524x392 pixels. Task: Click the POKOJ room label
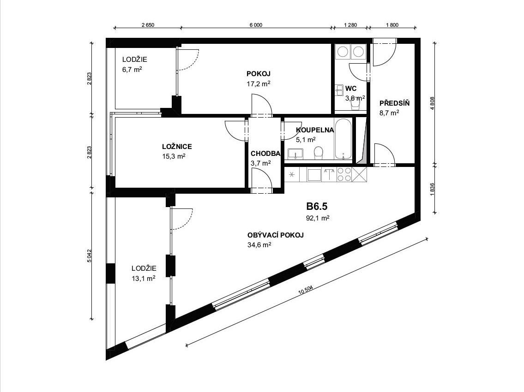[259, 74]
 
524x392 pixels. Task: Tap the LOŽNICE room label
[177, 147]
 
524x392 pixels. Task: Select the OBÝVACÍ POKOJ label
[275, 235]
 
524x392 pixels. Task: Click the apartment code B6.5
[317, 207]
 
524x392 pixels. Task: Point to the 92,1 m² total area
[318, 218]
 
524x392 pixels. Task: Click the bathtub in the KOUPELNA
[343, 139]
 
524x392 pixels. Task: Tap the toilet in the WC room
[355, 105]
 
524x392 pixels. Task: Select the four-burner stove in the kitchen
[344, 174]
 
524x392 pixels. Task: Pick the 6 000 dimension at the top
[256, 25]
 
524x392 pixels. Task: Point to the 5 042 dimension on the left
[89, 256]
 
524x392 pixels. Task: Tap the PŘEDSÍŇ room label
[394, 103]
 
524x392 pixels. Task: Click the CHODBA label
[265, 154]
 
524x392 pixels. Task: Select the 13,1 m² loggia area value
[144, 278]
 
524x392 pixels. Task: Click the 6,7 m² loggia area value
[132, 70]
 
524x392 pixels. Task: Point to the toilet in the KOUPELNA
[319, 153]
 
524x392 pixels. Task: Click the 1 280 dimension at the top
[350, 25]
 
